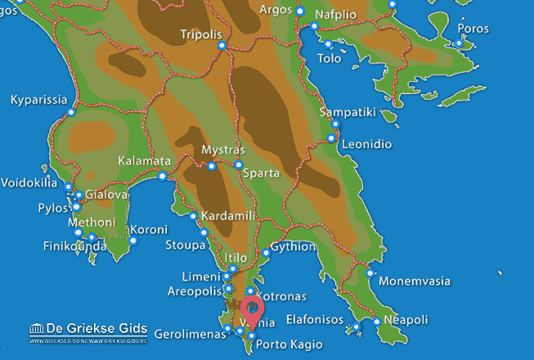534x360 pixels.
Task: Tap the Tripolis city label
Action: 201,35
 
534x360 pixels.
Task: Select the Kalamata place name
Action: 144,161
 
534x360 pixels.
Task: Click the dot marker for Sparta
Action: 239,165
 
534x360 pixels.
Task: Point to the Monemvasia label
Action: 417,281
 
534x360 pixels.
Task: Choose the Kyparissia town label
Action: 38,101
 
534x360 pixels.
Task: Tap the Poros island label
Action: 474,28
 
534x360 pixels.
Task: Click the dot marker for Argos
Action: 300,12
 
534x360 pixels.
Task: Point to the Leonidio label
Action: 366,144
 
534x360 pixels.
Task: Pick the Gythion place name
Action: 293,245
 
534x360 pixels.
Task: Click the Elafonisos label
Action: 314,319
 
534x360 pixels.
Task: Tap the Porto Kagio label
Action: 282,344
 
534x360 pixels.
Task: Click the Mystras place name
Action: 222,151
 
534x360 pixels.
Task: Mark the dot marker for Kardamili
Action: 193,217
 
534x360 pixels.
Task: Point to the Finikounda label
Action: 74,245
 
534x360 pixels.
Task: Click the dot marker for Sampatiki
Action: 336,124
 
